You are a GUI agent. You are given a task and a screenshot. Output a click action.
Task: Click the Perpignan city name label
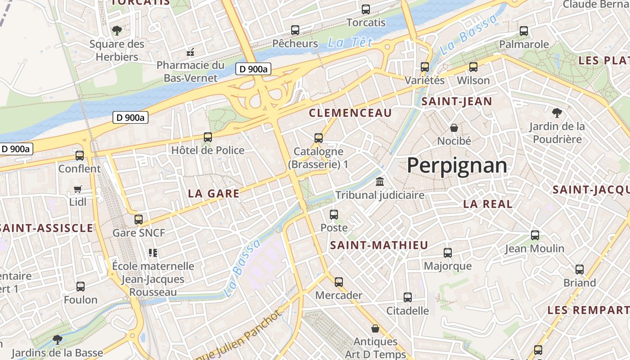[457, 166]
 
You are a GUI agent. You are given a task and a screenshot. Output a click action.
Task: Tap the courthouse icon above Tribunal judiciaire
[380, 182]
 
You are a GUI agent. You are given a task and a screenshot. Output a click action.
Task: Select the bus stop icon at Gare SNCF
[139, 220]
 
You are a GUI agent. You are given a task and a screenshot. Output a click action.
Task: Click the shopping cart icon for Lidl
[78, 189]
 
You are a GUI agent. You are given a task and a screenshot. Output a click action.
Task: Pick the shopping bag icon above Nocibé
[454, 128]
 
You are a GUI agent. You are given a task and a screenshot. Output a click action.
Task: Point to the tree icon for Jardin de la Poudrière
[557, 112]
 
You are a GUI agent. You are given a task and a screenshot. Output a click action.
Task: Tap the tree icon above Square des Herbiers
[117, 31]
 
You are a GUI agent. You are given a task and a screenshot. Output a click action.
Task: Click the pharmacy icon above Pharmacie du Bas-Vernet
[190, 52]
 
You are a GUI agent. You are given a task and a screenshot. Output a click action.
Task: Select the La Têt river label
[350, 43]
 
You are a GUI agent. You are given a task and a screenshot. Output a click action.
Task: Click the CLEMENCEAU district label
[350, 113]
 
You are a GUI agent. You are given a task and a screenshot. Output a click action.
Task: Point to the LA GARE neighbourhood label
[213, 193]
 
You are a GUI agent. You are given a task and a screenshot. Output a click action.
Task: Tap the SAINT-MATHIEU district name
[379, 245]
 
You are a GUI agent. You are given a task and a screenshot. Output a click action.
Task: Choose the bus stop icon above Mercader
[338, 282]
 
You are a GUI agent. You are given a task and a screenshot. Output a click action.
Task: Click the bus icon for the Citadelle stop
[408, 297]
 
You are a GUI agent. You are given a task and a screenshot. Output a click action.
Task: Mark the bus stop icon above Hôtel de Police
[207, 137]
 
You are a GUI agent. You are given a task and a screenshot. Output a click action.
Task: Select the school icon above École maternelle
[153, 253]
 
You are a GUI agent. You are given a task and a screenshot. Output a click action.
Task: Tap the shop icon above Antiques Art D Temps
[375, 328]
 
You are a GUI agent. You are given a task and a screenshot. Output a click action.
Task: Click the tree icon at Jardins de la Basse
[57, 339]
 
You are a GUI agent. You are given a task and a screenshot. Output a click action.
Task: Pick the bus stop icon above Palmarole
[524, 31]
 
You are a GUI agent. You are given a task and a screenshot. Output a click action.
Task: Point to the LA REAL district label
[488, 204]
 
